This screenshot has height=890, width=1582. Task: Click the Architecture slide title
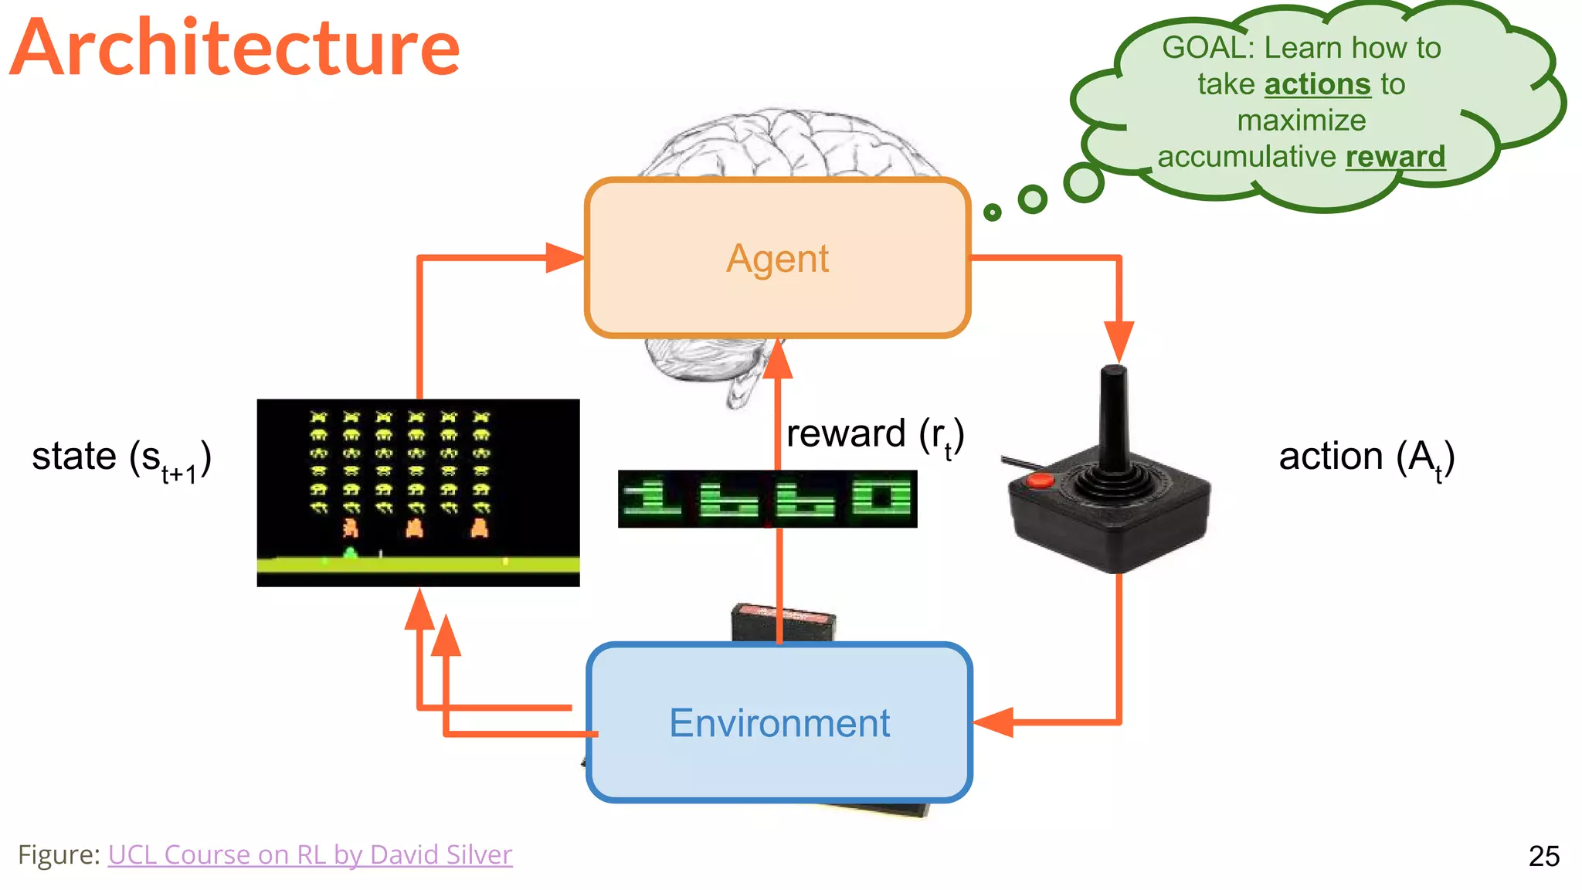(x=236, y=48)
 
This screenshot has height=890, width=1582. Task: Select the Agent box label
(x=777, y=258)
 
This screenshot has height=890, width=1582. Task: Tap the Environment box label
(x=779, y=723)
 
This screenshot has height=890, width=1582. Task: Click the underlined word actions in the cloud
(x=1317, y=84)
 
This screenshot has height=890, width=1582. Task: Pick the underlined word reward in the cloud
(x=1395, y=157)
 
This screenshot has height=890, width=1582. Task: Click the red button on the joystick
(x=1039, y=481)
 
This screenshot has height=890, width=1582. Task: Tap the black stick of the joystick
(x=1112, y=417)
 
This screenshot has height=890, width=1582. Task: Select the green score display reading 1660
(x=767, y=499)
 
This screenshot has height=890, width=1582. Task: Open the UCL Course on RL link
(x=310, y=854)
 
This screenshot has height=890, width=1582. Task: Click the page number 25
(x=1543, y=856)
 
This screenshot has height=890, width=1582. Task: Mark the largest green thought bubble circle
(x=1084, y=182)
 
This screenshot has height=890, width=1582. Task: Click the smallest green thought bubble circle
(x=992, y=212)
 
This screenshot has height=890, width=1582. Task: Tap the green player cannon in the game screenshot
(x=350, y=552)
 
